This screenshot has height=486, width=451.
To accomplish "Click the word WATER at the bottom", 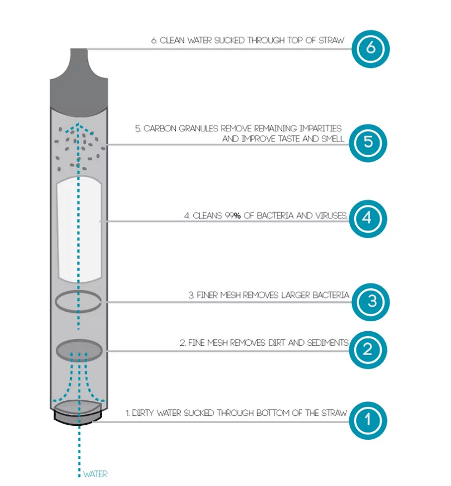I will pos(95,475).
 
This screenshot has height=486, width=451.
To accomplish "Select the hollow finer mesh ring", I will pos(79,302).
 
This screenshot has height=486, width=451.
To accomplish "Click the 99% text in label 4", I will pos(232,216).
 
